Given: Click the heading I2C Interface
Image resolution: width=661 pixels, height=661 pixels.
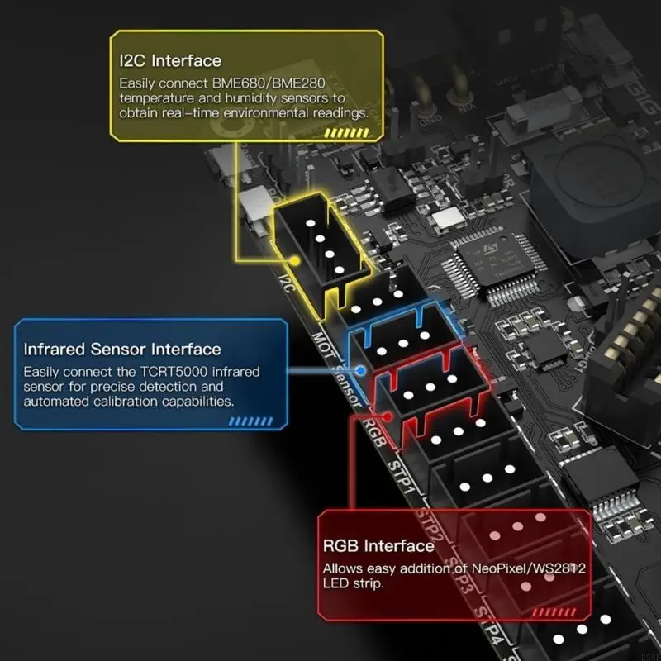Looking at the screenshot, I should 170,60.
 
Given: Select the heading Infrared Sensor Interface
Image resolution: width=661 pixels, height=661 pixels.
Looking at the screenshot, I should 122,349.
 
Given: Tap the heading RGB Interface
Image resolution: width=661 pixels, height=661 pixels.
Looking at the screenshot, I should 378,545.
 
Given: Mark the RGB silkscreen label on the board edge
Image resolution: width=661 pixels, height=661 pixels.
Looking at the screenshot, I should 373,430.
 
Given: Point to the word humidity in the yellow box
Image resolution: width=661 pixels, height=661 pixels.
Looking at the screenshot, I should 223,97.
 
